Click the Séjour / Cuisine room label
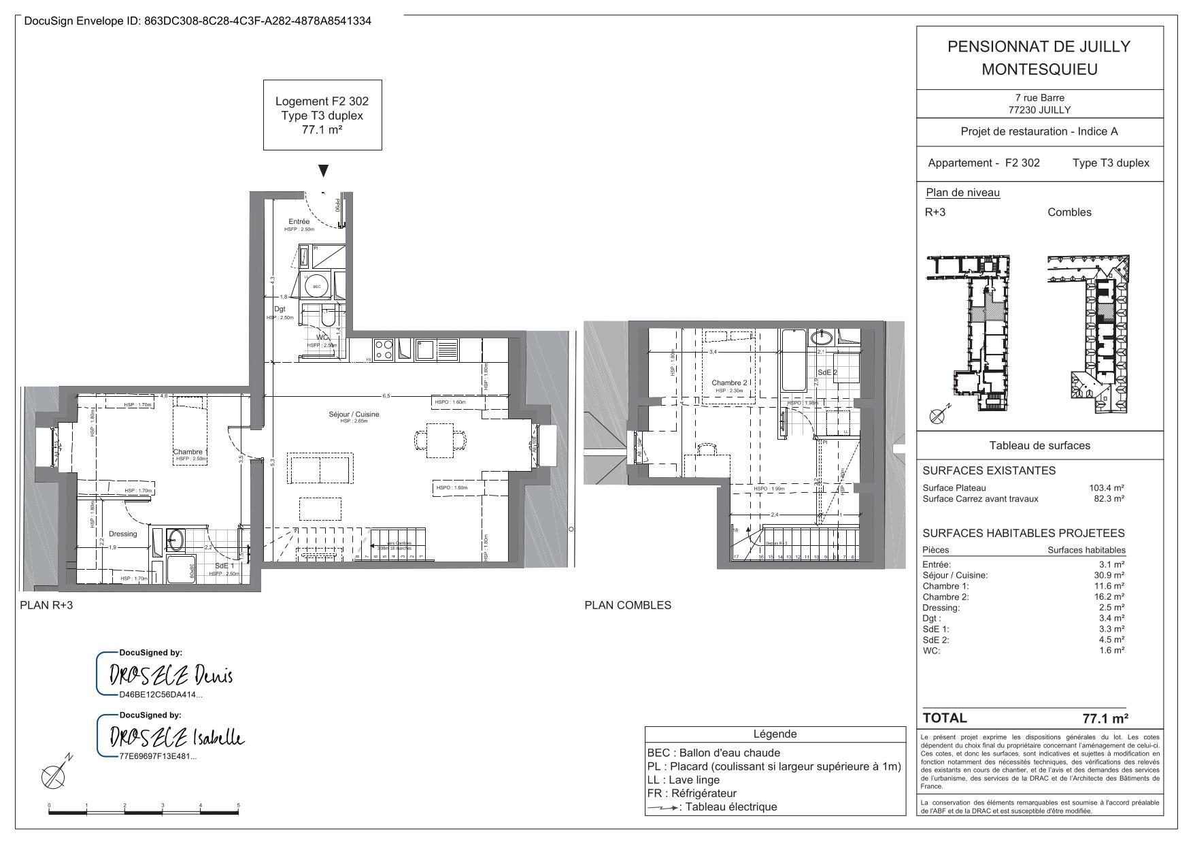[x=354, y=414]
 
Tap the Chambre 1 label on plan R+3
[x=190, y=452]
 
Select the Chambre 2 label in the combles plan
[x=729, y=383]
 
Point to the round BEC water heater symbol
[x=316, y=286]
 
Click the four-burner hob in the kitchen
[x=384, y=350]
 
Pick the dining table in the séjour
[x=441, y=440]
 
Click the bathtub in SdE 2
[x=794, y=361]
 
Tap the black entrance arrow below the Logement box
[x=324, y=170]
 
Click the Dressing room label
[x=122, y=534]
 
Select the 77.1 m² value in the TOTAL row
[x=1105, y=718]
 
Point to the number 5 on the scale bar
[x=238, y=805]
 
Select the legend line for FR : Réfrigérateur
[x=692, y=793]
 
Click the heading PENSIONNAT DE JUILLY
[x=1039, y=46]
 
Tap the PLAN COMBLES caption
[x=627, y=605]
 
